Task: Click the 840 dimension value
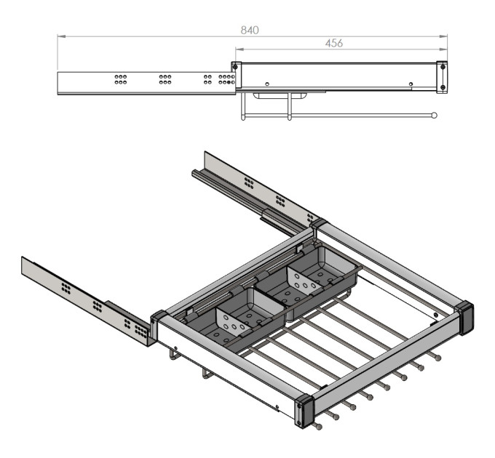click(x=250, y=31)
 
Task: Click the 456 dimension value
click(x=334, y=43)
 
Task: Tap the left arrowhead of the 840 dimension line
click(x=61, y=36)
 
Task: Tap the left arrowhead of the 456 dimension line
click(x=239, y=49)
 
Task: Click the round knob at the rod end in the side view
click(x=435, y=116)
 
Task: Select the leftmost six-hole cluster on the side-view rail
click(x=121, y=79)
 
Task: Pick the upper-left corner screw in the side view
click(x=235, y=66)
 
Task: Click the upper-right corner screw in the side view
click(x=443, y=66)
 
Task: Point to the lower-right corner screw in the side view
click(x=443, y=87)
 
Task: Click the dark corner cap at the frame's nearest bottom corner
click(x=304, y=411)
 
